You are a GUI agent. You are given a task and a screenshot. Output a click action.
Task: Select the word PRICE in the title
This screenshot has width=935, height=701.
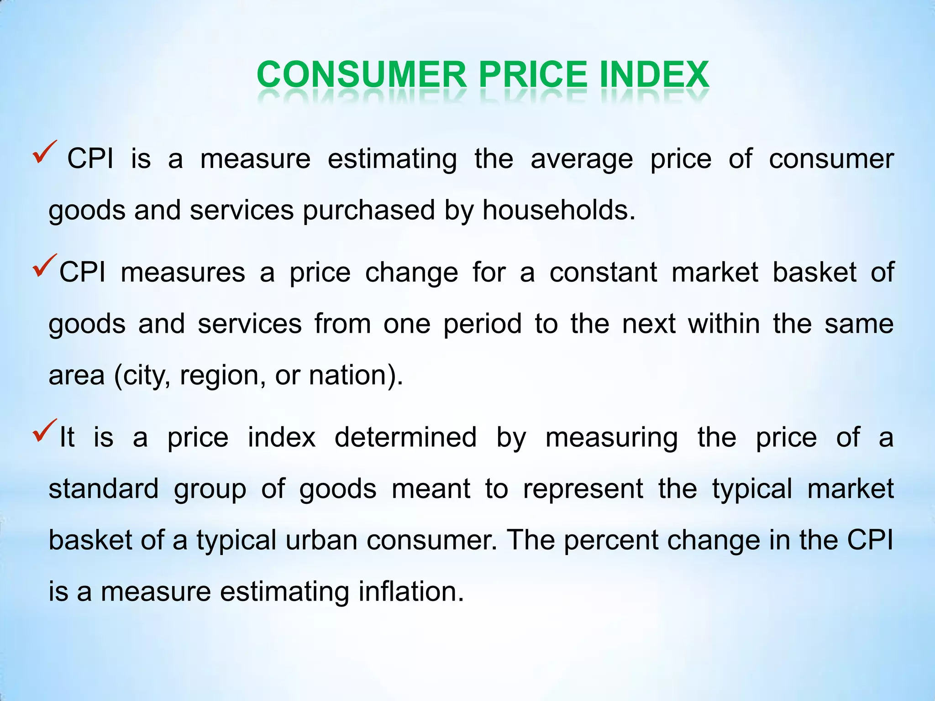(533, 74)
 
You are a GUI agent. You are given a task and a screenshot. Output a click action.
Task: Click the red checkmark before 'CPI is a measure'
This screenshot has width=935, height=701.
(44, 152)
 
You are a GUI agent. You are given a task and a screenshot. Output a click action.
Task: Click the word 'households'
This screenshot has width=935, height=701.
(558, 210)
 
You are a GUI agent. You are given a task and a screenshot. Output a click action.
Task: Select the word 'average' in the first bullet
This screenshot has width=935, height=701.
(582, 159)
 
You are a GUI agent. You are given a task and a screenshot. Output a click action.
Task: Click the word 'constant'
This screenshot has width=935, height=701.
(603, 272)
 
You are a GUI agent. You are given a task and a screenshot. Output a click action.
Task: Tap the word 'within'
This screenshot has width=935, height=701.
(724, 324)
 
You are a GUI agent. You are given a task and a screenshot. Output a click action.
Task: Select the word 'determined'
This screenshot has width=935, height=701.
(405, 437)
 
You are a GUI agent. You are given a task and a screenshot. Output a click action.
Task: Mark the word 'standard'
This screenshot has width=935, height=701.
(104, 489)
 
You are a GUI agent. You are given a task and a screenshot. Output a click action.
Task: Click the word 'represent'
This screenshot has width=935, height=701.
(583, 489)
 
